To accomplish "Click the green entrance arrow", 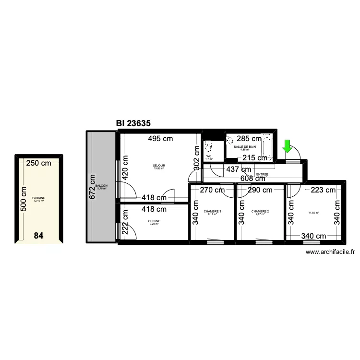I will click(x=287, y=146).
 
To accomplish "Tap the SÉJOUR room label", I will click(x=159, y=165).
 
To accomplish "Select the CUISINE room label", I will click(x=155, y=221).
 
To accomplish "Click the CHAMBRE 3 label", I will click(x=212, y=211).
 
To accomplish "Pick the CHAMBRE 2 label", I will click(x=260, y=211).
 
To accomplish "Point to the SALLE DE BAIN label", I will click(x=245, y=146).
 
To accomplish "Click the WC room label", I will click(x=208, y=156).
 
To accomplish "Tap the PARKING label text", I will click(x=38, y=198).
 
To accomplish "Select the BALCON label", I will click(x=101, y=186).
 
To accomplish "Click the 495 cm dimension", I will click(x=160, y=139).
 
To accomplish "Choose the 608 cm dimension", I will click(x=252, y=178).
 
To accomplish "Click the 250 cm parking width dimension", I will click(x=38, y=163).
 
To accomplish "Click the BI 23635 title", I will click(x=133, y=123).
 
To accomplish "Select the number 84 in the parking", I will click(x=39, y=236).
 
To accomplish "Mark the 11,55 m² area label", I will click(x=314, y=213).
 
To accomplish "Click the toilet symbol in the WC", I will click(x=209, y=145).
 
